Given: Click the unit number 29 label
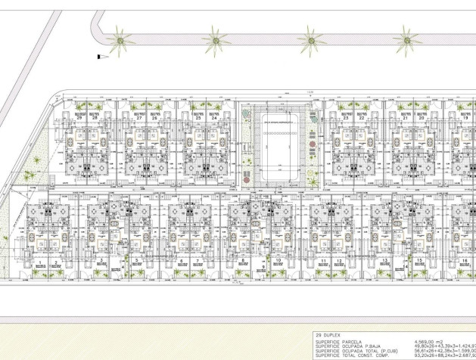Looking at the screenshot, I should (79, 118).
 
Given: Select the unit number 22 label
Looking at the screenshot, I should (362, 118).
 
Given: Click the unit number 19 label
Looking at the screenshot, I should (464, 118).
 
